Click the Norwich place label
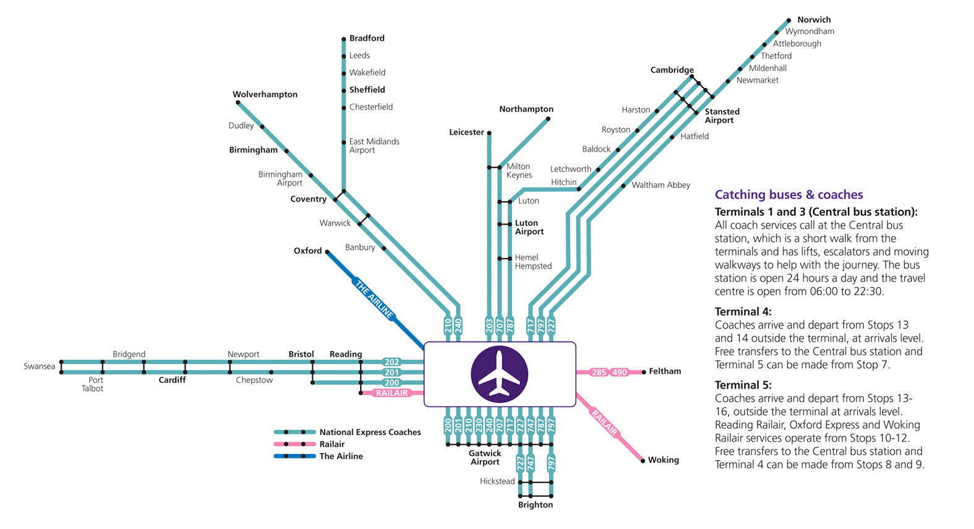tap(814, 20)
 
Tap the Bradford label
tap(367, 38)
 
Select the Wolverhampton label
tap(265, 95)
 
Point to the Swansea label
tap(40, 366)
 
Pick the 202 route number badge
tap(391, 362)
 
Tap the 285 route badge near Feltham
tap(599, 372)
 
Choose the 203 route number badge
tap(489, 325)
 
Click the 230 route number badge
tap(479, 425)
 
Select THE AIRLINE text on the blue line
tap(374, 299)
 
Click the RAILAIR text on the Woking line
tap(604, 422)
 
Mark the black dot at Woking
tap(643, 460)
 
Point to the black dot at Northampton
tap(548, 119)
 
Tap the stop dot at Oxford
tap(328, 252)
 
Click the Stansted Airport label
tap(722, 116)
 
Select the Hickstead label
tap(497, 481)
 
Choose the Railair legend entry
tap(331, 444)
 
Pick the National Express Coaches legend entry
tap(370, 432)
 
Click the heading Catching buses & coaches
tap(788, 195)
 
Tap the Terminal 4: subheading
tap(743, 312)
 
